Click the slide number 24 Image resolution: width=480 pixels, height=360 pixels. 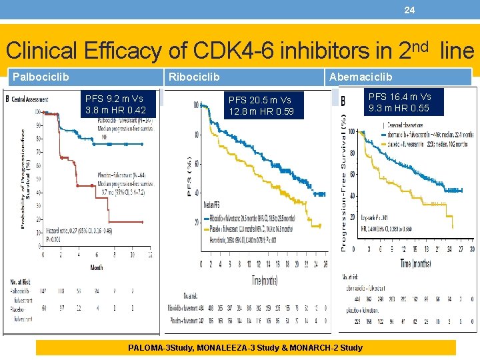tap(409, 10)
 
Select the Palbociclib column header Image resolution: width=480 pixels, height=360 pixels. tap(41, 77)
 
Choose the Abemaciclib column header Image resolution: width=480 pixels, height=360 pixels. tap(360, 77)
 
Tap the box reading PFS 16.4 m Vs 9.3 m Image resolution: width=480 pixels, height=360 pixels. tap(399, 103)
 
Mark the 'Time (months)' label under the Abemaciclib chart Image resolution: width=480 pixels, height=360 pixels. tap(414, 263)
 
